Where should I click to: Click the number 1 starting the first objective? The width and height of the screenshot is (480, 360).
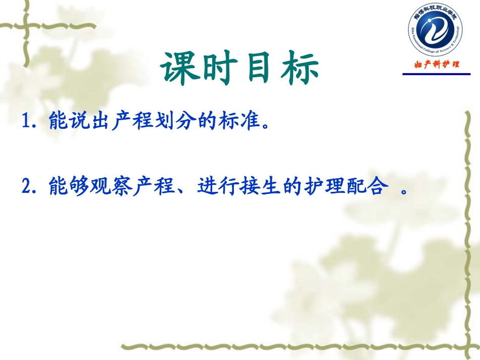click(x=27, y=122)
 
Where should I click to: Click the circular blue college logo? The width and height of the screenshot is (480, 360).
click(x=435, y=32)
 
